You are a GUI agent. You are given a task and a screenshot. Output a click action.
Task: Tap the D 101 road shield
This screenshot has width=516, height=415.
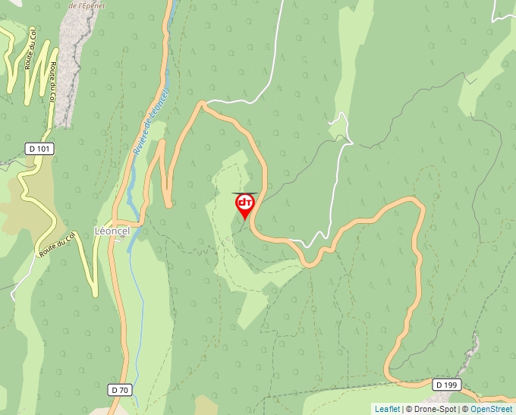tap(39, 149)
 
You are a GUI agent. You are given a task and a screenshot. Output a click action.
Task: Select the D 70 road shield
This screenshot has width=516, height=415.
tap(120, 390)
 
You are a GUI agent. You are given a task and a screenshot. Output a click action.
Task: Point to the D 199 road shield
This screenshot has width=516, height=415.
tap(447, 385)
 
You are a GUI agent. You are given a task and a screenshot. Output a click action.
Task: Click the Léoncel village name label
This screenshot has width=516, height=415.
tap(112, 231)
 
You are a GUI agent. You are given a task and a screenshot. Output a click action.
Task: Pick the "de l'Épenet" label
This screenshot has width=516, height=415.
tap(85, 5)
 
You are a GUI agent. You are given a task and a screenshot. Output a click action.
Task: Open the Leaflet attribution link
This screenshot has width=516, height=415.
tap(387, 409)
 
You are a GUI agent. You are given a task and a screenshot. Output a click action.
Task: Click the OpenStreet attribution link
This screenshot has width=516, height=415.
tap(491, 409)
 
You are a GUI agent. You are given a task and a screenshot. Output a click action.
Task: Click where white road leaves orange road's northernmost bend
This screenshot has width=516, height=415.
tap(205, 102)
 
